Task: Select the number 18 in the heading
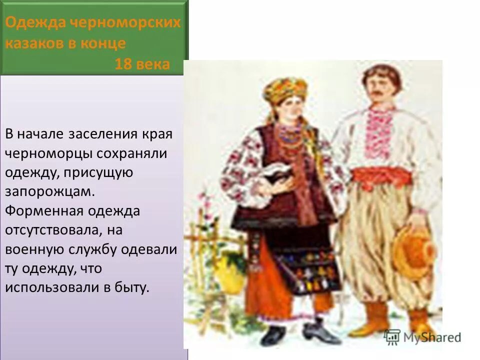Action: pyautogui.click(x=123, y=64)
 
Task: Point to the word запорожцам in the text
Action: pyautogui.click(x=50, y=191)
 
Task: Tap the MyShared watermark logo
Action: pyautogui.click(x=422, y=336)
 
